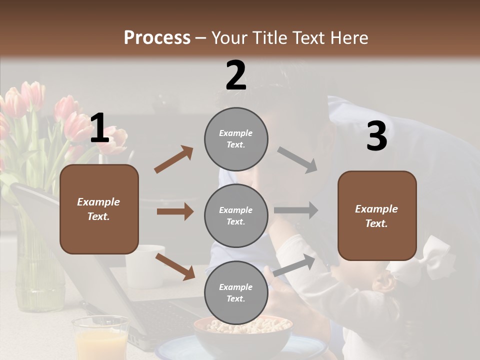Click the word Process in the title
coord(157,37)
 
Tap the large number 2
coord(236,75)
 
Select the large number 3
coord(376,136)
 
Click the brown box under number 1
coord(99,209)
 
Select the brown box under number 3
coord(377,215)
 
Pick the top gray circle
coord(236,138)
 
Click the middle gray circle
coord(236,215)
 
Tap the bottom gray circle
coord(236,292)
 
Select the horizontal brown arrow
coord(175,211)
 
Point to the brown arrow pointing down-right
coord(175,266)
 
